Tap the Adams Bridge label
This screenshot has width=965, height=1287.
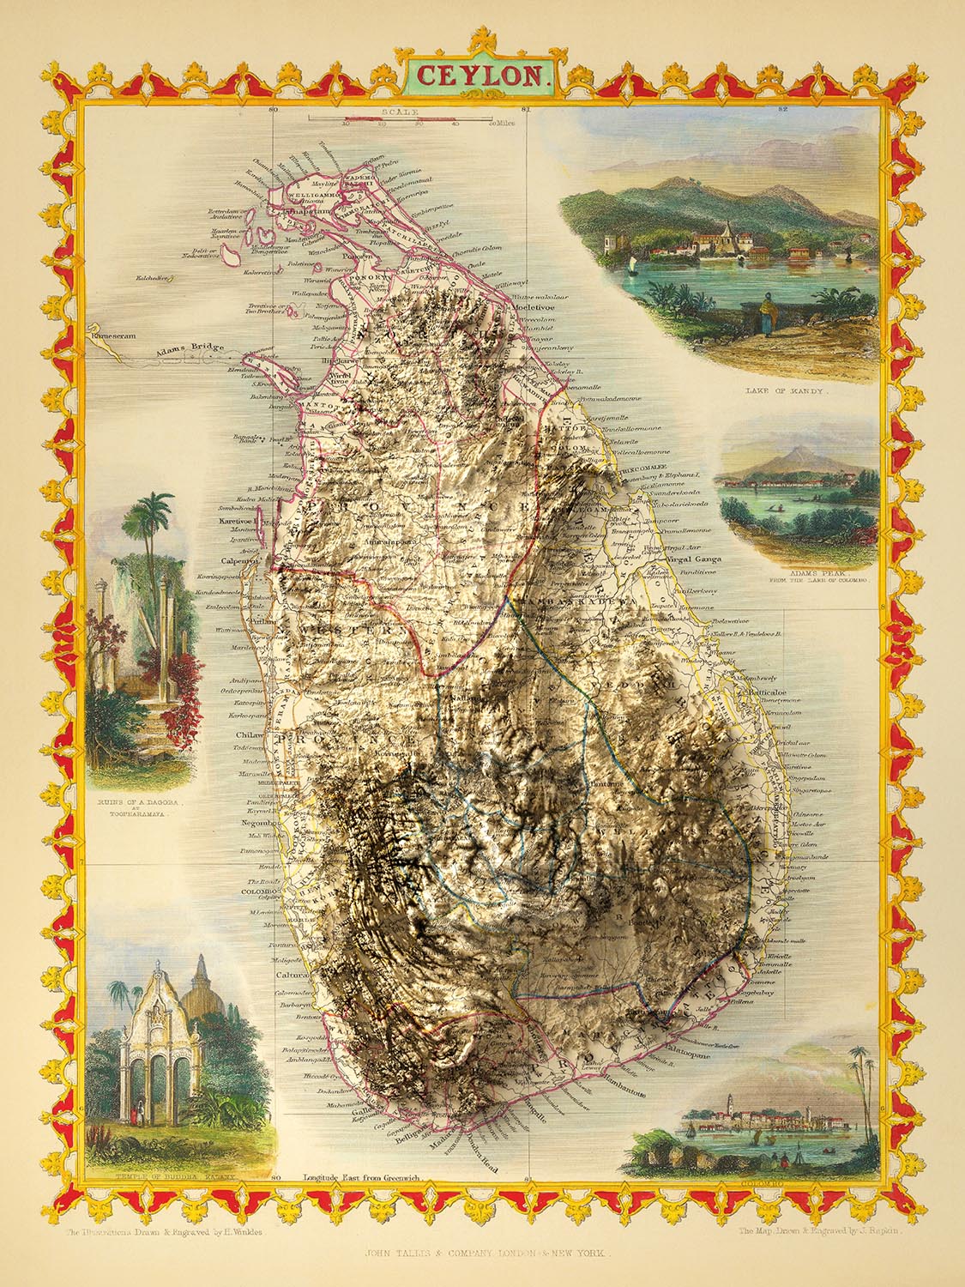[x=177, y=349]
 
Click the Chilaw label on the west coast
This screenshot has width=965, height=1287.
[x=249, y=736]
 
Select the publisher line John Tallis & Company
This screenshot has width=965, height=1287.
[x=482, y=1254]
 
